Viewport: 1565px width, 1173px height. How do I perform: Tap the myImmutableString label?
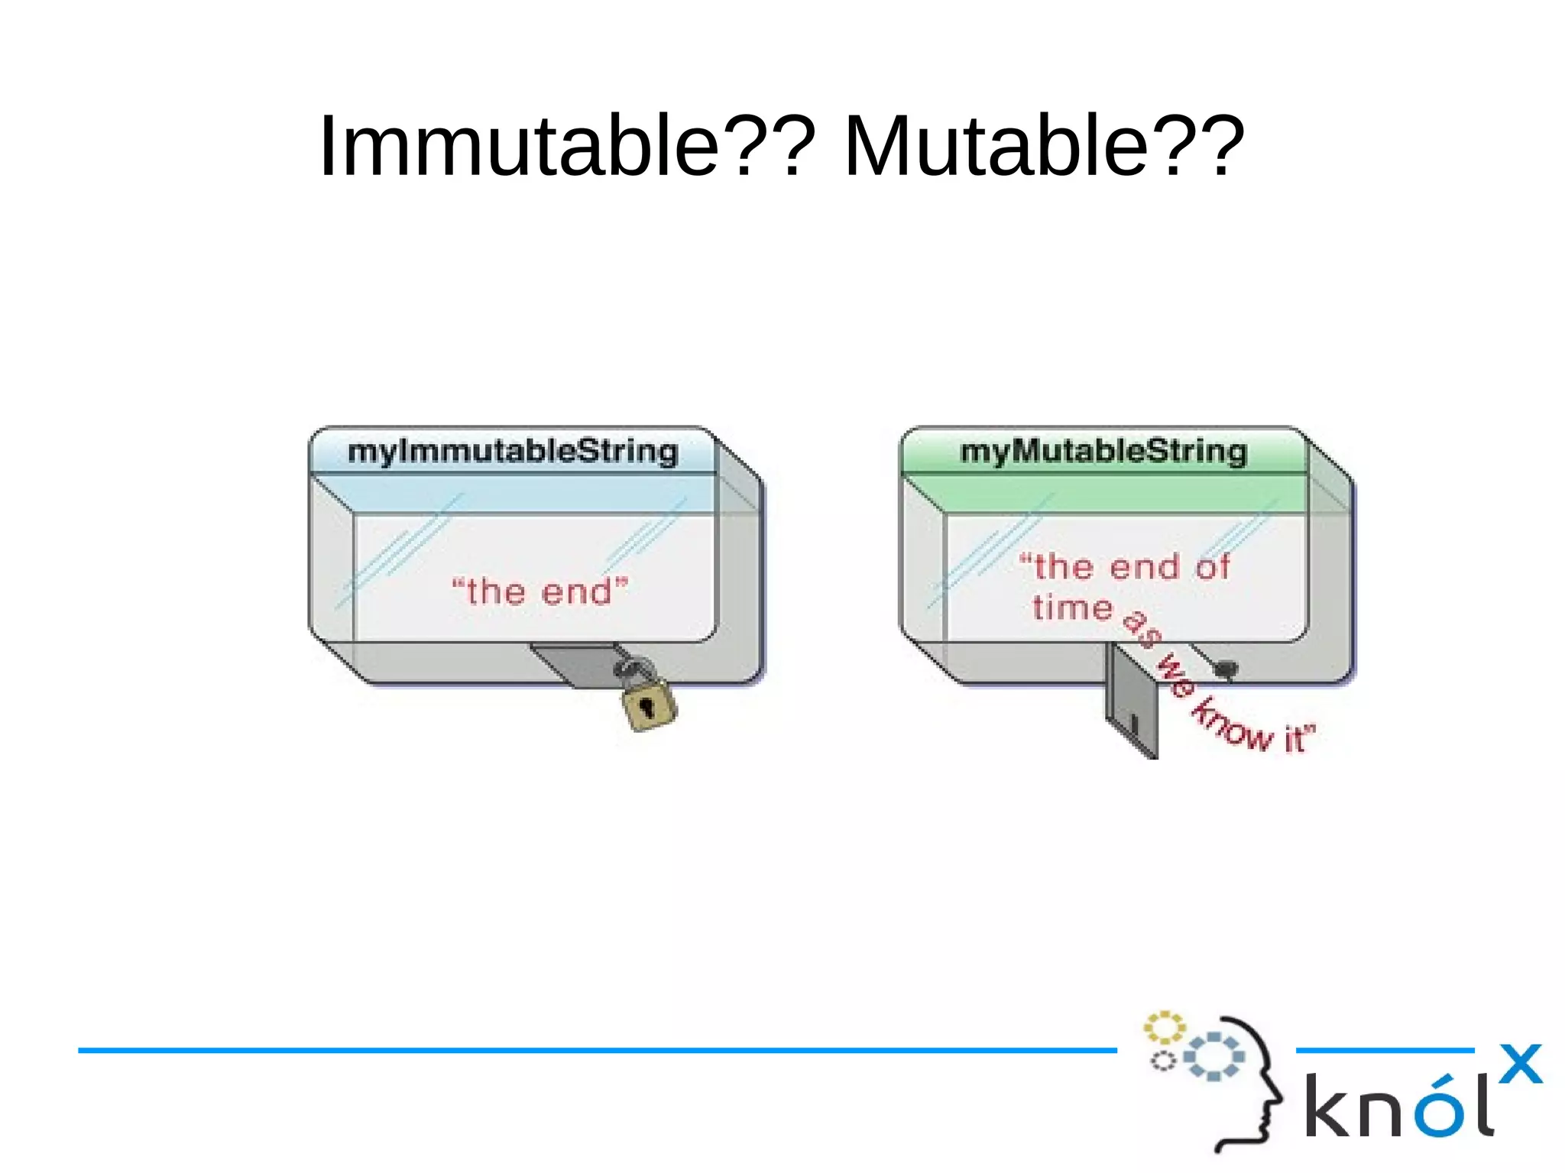(x=513, y=451)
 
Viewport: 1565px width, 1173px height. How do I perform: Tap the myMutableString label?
(x=1103, y=451)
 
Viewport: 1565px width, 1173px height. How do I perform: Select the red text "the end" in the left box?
(x=539, y=591)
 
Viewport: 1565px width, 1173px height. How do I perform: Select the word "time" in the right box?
(x=1073, y=608)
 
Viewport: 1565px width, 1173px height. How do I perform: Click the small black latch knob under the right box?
(x=1226, y=669)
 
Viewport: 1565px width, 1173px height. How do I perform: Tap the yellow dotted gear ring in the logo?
(x=1164, y=1027)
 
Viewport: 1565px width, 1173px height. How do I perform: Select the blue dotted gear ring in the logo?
(x=1214, y=1056)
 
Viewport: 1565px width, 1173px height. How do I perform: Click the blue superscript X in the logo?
(x=1520, y=1064)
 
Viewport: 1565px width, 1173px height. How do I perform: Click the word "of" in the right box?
(x=1213, y=567)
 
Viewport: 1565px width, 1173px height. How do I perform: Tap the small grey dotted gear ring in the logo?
(x=1163, y=1061)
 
